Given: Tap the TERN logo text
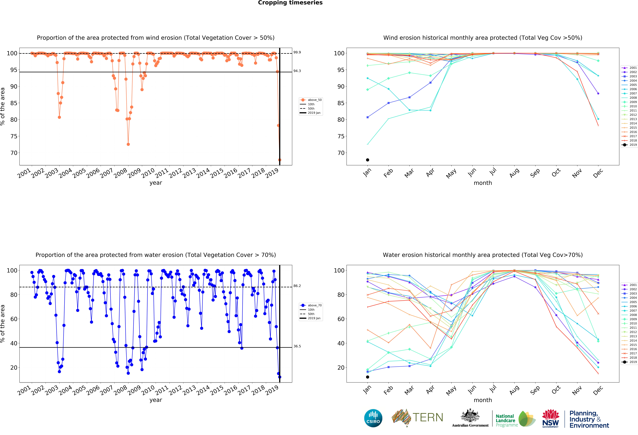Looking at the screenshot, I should [428, 417].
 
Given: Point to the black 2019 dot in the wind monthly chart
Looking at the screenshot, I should [368, 160].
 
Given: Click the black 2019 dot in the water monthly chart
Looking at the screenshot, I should [368, 377].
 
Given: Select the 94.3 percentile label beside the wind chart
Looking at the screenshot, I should [297, 71].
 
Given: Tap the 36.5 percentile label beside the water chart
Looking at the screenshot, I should [297, 346].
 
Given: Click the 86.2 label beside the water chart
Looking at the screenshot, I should [297, 286].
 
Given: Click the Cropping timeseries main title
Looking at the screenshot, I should [290, 3].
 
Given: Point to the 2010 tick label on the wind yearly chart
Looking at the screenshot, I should [148, 173].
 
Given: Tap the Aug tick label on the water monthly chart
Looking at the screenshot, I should [514, 390].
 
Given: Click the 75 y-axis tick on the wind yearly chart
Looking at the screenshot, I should [14, 136].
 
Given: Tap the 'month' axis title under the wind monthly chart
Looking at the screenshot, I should [483, 183].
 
